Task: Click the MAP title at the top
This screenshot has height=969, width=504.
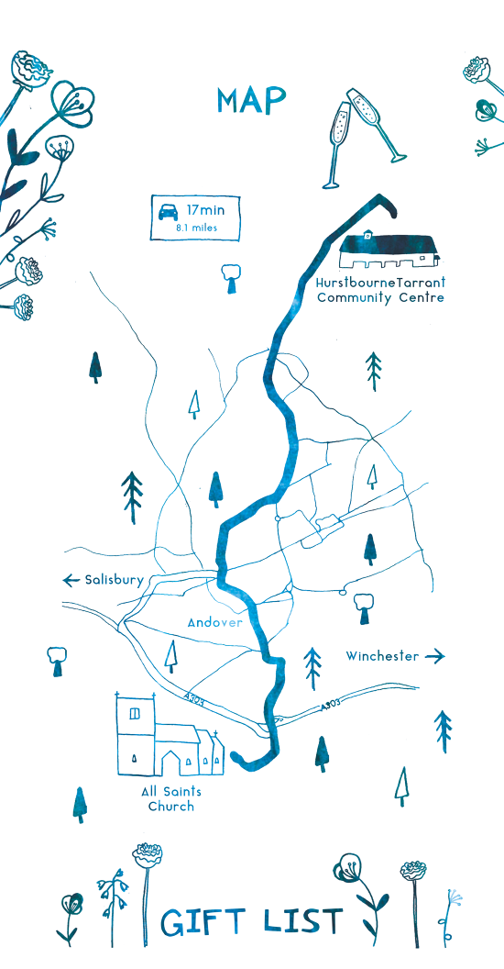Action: pos(251,101)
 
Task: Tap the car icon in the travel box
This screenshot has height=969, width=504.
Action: pos(169,212)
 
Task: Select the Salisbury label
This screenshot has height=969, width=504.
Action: pos(114,580)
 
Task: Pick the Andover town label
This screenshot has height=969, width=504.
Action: pos(215,622)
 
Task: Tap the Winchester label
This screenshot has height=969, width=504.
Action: pos(382,656)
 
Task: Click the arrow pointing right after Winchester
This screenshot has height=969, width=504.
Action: pos(435,656)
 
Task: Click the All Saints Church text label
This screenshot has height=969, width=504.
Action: pos(171,798)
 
